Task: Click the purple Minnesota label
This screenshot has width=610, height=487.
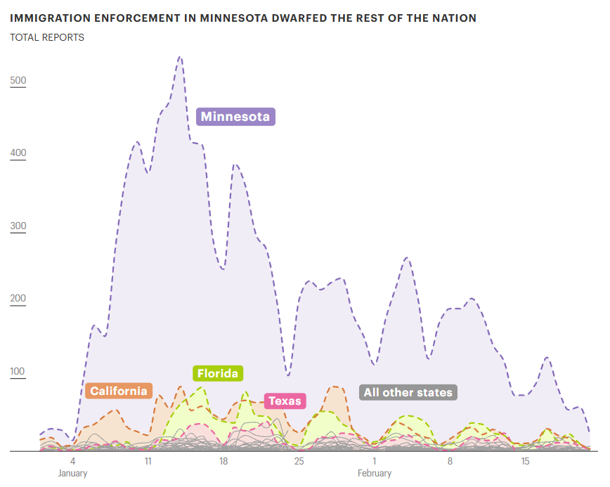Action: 235,117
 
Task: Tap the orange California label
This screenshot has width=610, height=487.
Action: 119,391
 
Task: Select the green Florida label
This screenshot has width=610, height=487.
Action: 217,373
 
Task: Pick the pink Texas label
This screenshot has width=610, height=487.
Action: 285,401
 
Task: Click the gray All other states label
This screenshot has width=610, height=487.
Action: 408,392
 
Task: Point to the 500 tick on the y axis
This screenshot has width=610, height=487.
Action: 18,81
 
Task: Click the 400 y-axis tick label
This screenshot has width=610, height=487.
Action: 18,153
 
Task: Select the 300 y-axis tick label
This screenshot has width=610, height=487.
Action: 18,227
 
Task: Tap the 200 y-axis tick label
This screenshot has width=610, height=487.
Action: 18,299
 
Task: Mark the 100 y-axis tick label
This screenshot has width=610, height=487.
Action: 18,372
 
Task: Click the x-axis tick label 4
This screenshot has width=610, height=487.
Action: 72,461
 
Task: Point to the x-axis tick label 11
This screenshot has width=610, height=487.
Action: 148,461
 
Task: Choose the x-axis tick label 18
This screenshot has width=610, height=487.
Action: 223,461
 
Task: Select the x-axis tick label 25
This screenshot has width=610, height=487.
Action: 299,461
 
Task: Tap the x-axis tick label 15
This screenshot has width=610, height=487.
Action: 525,461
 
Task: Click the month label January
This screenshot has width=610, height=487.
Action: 72,473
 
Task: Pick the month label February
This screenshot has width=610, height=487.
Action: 375,473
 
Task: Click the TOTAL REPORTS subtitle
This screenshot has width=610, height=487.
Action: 47,37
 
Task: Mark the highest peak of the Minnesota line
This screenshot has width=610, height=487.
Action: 180,57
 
